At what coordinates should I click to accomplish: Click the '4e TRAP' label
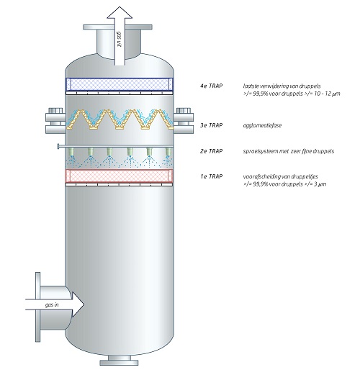(211, 86)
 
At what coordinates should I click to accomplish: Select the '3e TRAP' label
(211, 125)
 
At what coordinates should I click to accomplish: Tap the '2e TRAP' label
(211, 151)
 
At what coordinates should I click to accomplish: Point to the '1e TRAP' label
(211, 176)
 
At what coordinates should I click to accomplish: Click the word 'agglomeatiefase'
(262, 125)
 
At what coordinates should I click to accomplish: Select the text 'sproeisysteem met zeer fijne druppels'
(289, 151)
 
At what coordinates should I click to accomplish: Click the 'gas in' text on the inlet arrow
(52, 305)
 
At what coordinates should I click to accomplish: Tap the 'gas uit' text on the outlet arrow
(120, 39)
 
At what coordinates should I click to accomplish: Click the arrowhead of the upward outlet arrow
(120, 12)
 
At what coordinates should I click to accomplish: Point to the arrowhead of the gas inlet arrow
(78, 304)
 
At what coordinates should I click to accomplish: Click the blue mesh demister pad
(120, 84)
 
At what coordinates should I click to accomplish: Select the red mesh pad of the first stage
(120, 176)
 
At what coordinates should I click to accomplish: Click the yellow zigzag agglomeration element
(120, 119)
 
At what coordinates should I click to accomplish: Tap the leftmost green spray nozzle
(71, 151)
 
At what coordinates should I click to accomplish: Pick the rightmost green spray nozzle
(168, 151)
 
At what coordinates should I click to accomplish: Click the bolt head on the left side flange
(55, 111)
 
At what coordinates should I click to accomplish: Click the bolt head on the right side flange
(184, 111)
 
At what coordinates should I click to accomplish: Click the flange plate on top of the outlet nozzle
(117, 27)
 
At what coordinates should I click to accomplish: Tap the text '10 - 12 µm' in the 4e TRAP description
(327, 94)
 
